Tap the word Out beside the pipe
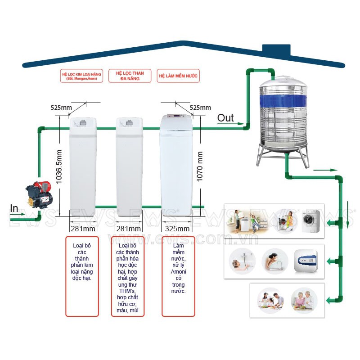pyautogui.click(x=225, y=118)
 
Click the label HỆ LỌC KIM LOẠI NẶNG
pyautogui.click(x=81, y=76)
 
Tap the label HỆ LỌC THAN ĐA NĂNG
pyautogui.click(x=128, y=76)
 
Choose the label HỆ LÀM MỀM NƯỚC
pyautogui.click(x=178, y=76)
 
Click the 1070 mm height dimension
pyautogui.click(x=200, y=166)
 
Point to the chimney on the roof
pyautogui.click(x=276, y=49)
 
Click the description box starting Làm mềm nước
pyautogui.click(x=178, y=275)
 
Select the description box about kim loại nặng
pyautogui.click(x=82, y=275)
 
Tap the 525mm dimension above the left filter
pyautogui.click(x=62, y=108)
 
